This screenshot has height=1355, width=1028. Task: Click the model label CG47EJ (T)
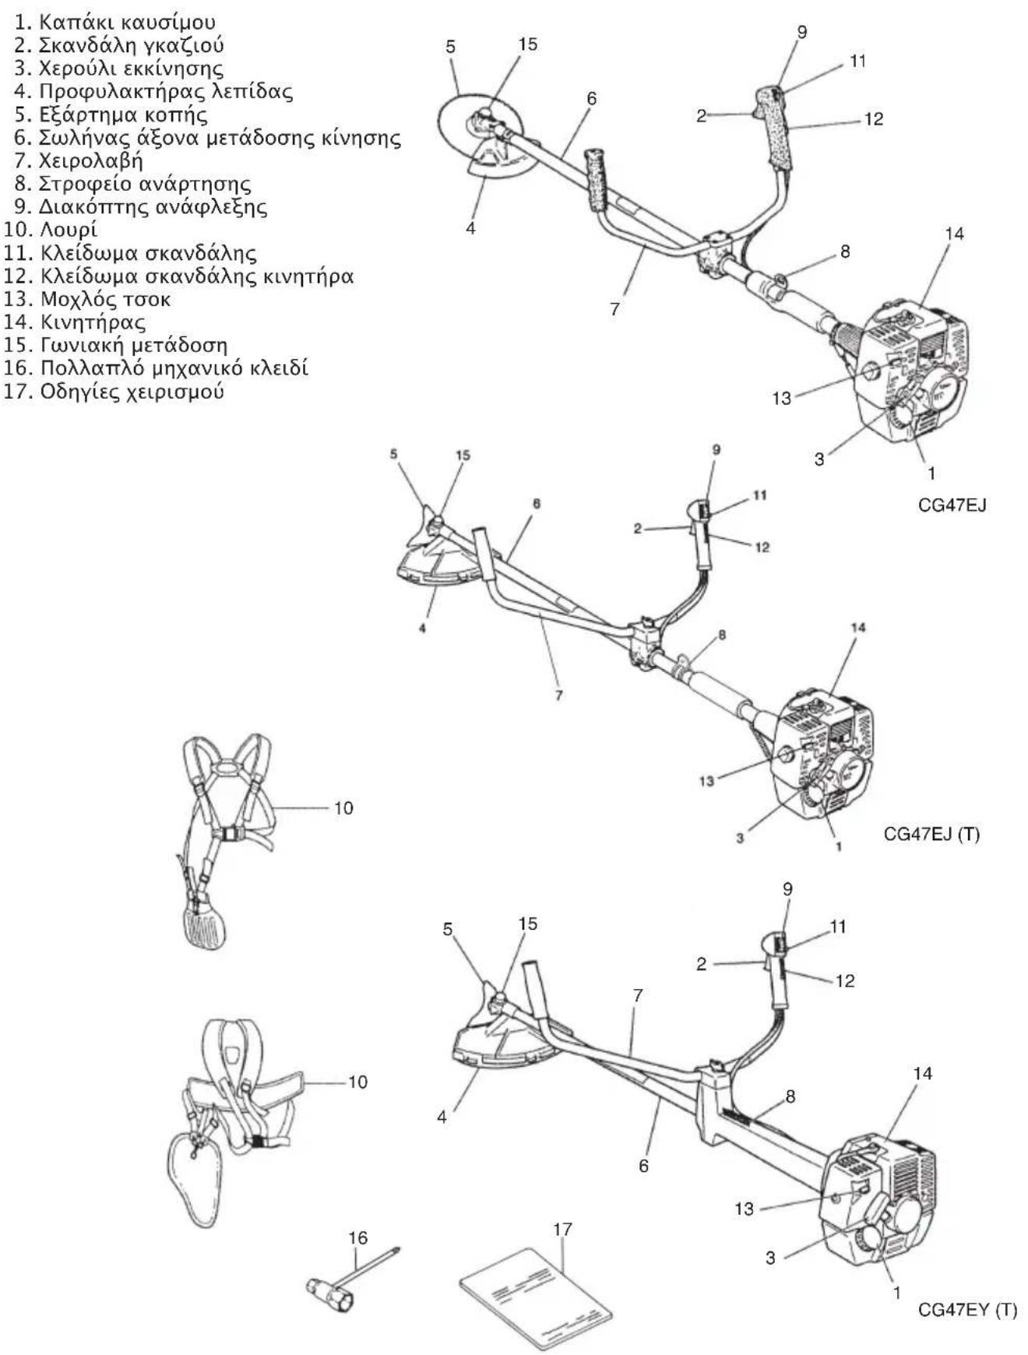[931, 834]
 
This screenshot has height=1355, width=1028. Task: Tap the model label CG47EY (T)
[967, 1309]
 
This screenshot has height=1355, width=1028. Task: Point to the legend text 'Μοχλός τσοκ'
[87, 300]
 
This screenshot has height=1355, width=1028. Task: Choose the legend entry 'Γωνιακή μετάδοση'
[116, 345]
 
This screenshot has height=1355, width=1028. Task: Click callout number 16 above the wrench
[357, 1237]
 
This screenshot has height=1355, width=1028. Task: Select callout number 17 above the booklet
[562, 1229]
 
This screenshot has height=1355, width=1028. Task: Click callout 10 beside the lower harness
[357, 1082]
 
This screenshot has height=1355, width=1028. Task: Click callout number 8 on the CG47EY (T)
[790, 1096]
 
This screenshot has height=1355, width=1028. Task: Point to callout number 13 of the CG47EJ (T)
[706, 780]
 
